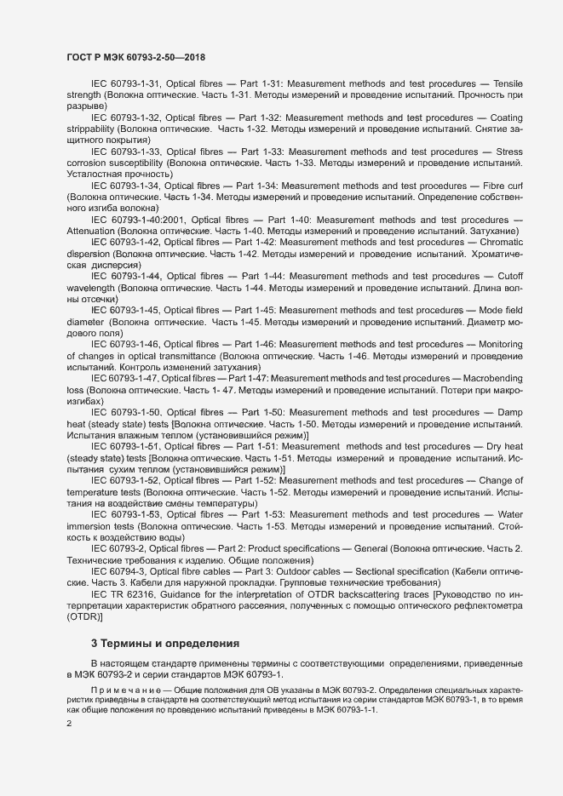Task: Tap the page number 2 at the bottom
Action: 69,724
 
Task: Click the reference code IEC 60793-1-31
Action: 125,84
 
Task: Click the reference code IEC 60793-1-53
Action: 125,514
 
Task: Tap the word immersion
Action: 91,526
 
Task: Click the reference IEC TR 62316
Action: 124,593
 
